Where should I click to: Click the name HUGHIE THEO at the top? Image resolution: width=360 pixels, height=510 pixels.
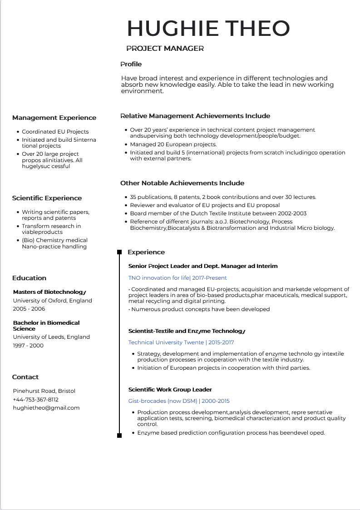coord(208,28)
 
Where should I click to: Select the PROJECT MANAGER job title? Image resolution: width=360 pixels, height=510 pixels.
coord(165,49)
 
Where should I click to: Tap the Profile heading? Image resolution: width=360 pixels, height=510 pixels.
coord(131,64)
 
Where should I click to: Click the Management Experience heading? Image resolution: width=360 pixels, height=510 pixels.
coord(54,118)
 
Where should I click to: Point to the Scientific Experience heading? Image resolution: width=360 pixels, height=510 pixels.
coord(47,198)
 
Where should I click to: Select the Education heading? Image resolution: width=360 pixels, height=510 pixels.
coord(29,278)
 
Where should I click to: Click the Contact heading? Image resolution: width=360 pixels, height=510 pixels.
coord(25,377)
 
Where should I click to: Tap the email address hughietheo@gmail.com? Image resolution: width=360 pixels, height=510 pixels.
coord(46,408)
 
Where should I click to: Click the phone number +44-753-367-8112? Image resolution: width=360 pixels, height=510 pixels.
coord(35,400)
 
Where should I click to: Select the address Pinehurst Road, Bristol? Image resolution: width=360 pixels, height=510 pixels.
coord(44,391)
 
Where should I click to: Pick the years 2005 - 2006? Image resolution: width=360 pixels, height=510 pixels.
coord(29,309)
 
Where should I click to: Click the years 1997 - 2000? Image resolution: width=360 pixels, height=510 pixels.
coord(28,346)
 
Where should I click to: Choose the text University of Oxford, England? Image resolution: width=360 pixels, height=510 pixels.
coord(52,301)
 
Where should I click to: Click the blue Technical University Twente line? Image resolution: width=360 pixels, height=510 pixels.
coord(181,342)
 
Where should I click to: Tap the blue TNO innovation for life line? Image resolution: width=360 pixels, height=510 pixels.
coord(178,278)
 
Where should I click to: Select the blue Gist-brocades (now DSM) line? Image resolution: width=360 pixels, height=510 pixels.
coord(179,401)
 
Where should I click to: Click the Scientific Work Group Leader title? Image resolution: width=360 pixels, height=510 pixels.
coord(170,390)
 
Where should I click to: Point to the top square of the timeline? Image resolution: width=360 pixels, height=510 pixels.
coord(119,252)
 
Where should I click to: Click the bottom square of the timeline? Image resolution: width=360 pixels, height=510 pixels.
coord(119,436)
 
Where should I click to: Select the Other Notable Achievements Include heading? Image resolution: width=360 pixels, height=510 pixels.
coord(182,183)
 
